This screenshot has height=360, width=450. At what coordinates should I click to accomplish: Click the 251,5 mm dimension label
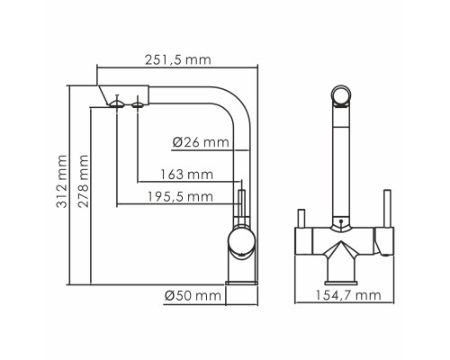pos(178,60)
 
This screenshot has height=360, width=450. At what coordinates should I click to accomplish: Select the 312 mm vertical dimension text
pos(62,181)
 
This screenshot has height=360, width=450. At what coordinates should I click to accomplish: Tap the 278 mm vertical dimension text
pos(84,181)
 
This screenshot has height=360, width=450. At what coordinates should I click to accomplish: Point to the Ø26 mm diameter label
pos(201,142)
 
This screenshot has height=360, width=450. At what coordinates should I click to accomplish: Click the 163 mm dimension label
pos(186,175)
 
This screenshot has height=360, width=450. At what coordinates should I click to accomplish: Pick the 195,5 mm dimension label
pos(180,197)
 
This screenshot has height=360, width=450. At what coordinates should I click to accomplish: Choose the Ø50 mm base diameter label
pos(193,296)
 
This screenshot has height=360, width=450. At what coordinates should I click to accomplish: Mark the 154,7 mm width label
pos(348,295)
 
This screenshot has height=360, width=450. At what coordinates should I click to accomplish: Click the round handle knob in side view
pos(241,242)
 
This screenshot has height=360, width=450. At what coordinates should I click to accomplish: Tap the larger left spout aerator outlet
pos(116,104)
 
